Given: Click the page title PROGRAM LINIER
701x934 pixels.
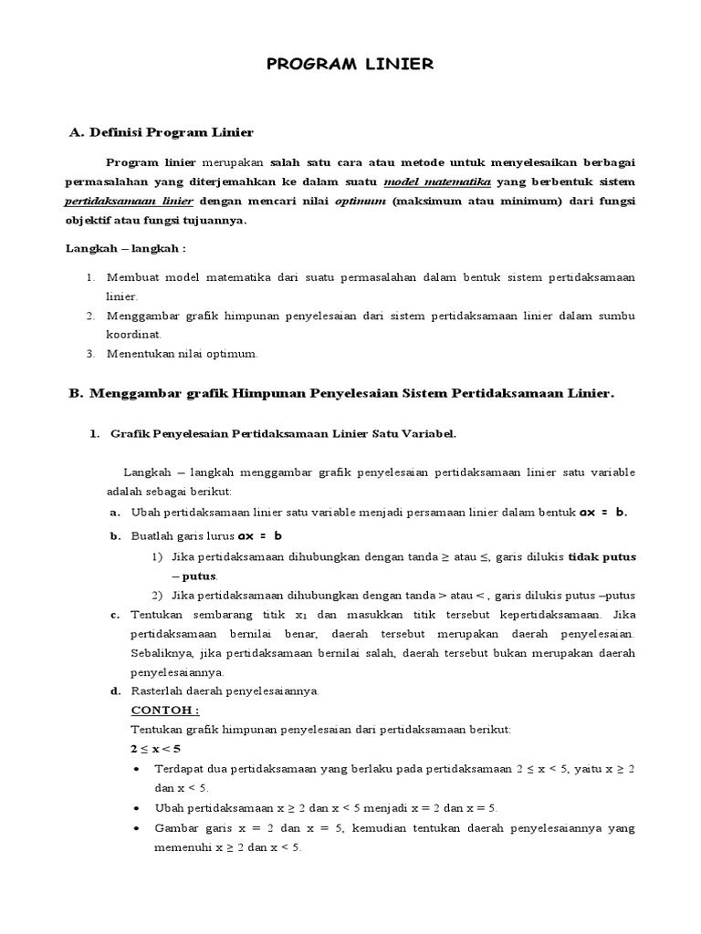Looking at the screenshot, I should (x=350, y=64).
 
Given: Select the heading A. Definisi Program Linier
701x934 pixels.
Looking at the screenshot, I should (x=162, y=133).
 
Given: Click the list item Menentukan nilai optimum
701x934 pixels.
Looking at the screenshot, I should (x=183, y=353).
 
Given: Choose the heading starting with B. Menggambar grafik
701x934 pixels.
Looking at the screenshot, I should (x=342, y=394).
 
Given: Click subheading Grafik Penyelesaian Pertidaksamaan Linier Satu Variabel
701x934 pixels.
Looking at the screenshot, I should (x=282, y=434).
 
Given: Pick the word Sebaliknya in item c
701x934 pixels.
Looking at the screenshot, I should (x=162, y=653).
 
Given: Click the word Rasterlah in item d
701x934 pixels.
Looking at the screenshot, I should (x=158, y=691).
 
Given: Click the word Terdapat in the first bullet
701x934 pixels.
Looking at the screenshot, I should (x=182, y=769).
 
